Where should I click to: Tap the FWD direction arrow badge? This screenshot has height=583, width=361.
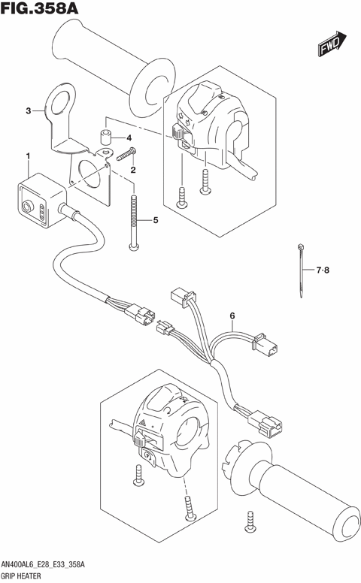332,47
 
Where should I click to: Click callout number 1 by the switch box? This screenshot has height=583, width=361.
28,156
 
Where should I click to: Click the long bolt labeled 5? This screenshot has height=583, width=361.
135,222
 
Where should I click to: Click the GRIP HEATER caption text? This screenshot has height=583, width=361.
27,575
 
